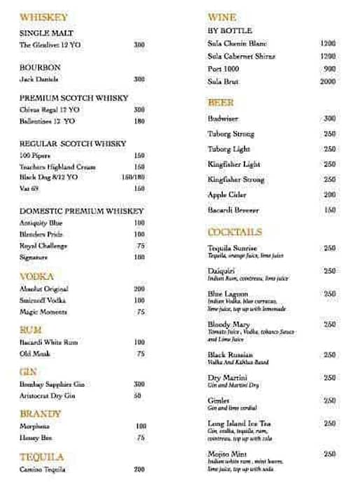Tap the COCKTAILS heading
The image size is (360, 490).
tap(235, 232)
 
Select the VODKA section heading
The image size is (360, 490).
tap(36, 276)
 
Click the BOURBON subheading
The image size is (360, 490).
tap(40, 67)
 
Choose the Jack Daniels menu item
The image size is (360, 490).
tap(39, 79)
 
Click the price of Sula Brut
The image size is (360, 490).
tap(328, 82)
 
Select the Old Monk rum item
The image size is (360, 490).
tap(34, 354)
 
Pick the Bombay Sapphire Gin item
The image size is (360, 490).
tap(52, 384)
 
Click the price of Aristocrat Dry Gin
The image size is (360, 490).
tap(138, 395)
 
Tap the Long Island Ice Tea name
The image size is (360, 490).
tap(239, 423)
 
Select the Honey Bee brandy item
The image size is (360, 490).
tap(34, 437)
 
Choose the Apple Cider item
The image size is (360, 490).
tap(227, 195)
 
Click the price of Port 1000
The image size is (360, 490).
tap(329, 69)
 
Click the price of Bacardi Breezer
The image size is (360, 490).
tap(329, 210)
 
